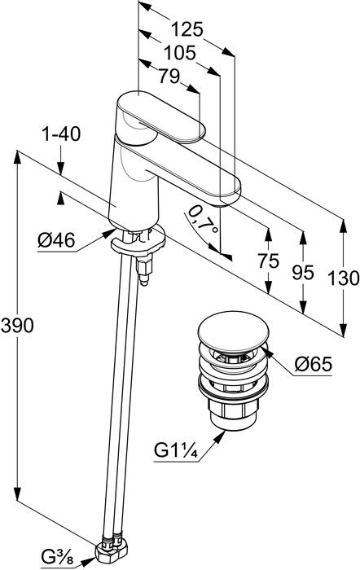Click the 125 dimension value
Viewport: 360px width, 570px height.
tap(187, 29)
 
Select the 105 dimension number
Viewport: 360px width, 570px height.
tap(180, 53)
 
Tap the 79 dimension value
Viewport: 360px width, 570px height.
tap(169, 76)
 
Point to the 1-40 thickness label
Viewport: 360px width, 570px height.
tap(61, 134)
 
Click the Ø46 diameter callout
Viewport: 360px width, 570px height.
tap(56, 240)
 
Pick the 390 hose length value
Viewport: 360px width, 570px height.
tap(17, 326)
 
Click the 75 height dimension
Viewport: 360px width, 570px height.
tap(268, 261)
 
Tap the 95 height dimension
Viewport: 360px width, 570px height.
tap(302, 272)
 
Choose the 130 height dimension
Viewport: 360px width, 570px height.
tap(343, 278)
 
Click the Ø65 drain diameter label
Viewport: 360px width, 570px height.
tap(314, 363)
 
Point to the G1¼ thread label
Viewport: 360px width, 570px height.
tap(176, 450)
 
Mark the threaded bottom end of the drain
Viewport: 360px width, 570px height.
tap(233, 414)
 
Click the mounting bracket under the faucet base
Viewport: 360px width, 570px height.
tap(138, 242)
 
